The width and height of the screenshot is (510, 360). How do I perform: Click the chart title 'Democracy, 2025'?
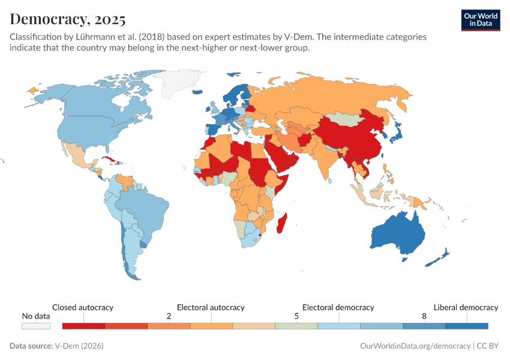pos(67,19)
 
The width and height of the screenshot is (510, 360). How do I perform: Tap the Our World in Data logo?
pos(480,20)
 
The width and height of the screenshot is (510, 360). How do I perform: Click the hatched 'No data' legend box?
pos(36,326)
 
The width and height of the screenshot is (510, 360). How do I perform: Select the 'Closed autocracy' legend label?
pos(83,307)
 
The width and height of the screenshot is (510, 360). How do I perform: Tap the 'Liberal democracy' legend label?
pos(466,307)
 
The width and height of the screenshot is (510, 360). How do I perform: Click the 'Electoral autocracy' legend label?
pos(211,307)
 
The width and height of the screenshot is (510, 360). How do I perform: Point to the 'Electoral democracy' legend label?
pos(338,307)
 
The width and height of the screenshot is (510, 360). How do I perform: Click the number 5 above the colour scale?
pos(296,316)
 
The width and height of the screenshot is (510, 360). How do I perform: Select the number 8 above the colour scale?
pos(424,316)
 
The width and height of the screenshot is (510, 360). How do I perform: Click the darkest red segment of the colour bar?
pos(83,326)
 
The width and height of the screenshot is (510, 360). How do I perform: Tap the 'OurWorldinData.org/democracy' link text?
pos(415,346)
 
